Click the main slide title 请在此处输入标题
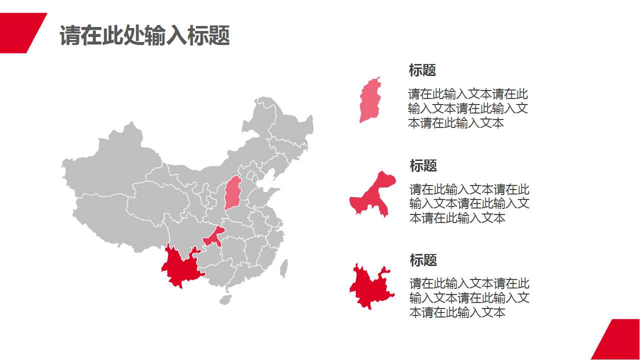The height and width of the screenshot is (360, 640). (x=144, y=36)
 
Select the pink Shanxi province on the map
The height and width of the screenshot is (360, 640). (x=232, y=192)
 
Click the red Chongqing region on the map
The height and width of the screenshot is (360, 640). (x=214, y=236)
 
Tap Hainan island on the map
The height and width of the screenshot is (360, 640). (x=225, y=299)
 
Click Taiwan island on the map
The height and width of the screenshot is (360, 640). (x=283, y=268)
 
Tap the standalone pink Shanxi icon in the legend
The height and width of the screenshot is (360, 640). (x=370, y=100)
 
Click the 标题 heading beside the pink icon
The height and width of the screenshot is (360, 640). (x=422, y=70)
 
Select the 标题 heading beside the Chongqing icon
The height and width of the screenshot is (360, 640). (x=423, y=165)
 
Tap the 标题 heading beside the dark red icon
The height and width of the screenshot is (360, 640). (x=423, y=260)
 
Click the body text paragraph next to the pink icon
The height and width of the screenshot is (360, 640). (x=467, y=108)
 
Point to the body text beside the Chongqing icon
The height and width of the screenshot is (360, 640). (x=469, y=203)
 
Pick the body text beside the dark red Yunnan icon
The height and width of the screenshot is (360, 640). (x=469, y=298)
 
